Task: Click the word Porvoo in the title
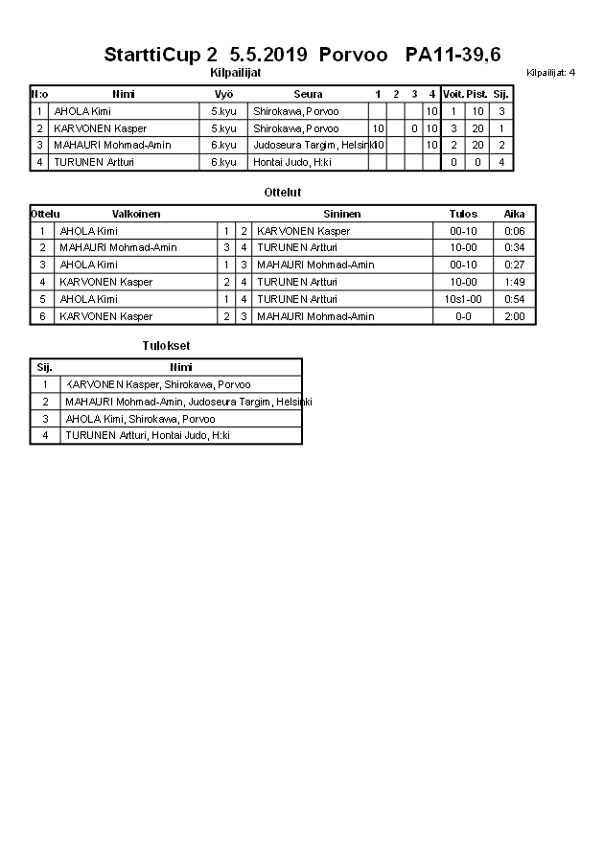click(354, 55)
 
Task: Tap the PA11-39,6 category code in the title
click(453, 55)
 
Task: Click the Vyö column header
click(223, 94)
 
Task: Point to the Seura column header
click(308, 94)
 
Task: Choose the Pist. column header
click(476, 94)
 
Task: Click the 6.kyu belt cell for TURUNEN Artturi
click(223, 163)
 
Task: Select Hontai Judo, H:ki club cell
click(286, 163)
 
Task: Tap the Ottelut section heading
click(283, 193)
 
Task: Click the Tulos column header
click(463, 214)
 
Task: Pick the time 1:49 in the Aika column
click(515, 283)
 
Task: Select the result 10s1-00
click(463, 300)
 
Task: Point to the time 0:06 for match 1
click(515, 231)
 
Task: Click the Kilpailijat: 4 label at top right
click(551, 73)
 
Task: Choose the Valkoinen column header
click(136, 214)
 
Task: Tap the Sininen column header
click(342, 214)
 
